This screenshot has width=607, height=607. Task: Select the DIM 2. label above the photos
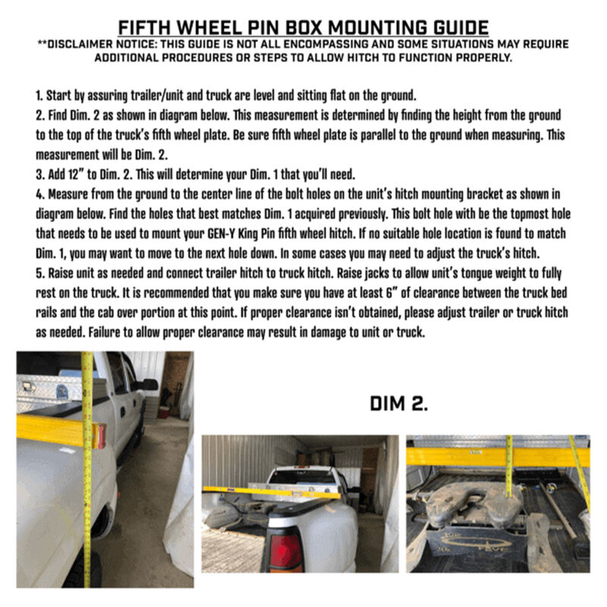coord(399,404)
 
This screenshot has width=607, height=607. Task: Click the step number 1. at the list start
coord(39,97)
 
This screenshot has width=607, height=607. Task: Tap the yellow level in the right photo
coord(486,456)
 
